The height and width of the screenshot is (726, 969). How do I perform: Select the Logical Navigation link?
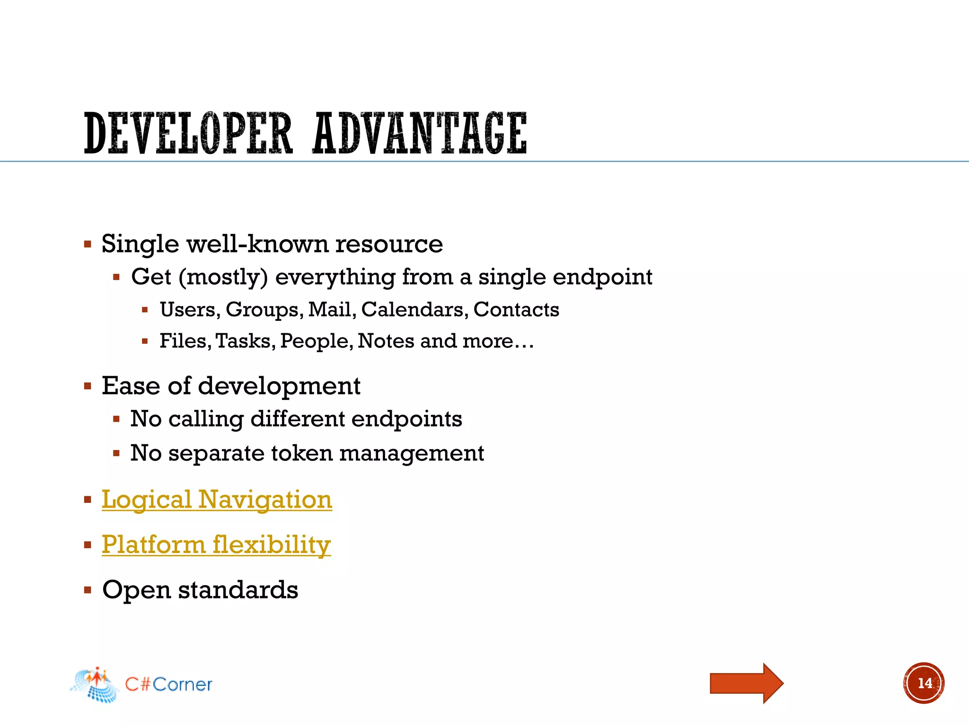[x=217, y=500]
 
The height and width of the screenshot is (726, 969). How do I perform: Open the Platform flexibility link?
[x=216, y=544]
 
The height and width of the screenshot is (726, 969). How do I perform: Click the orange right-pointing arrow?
[x=746, y=683]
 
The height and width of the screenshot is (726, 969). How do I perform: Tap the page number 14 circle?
[x=924, y=683]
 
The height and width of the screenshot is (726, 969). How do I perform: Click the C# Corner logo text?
[x=168, y=684]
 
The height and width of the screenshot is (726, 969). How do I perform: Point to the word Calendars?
[x=414, y=310]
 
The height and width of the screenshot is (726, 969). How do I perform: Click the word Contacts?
[x=516, y=310]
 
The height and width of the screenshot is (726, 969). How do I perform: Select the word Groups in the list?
[x=264, y=310]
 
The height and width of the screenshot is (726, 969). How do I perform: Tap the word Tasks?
[x=245, y=341]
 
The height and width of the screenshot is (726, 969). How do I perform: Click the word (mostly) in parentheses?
[x=223, y=277]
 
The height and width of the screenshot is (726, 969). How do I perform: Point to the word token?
[x=302, y=453]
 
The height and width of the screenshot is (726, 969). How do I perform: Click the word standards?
[x=238, y=590]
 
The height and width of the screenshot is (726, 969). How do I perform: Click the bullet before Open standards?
[x=88, y=590]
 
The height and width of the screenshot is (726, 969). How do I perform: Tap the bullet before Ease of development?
[x=88, y=386]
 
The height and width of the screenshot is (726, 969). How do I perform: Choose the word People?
[x=316, y=341]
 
